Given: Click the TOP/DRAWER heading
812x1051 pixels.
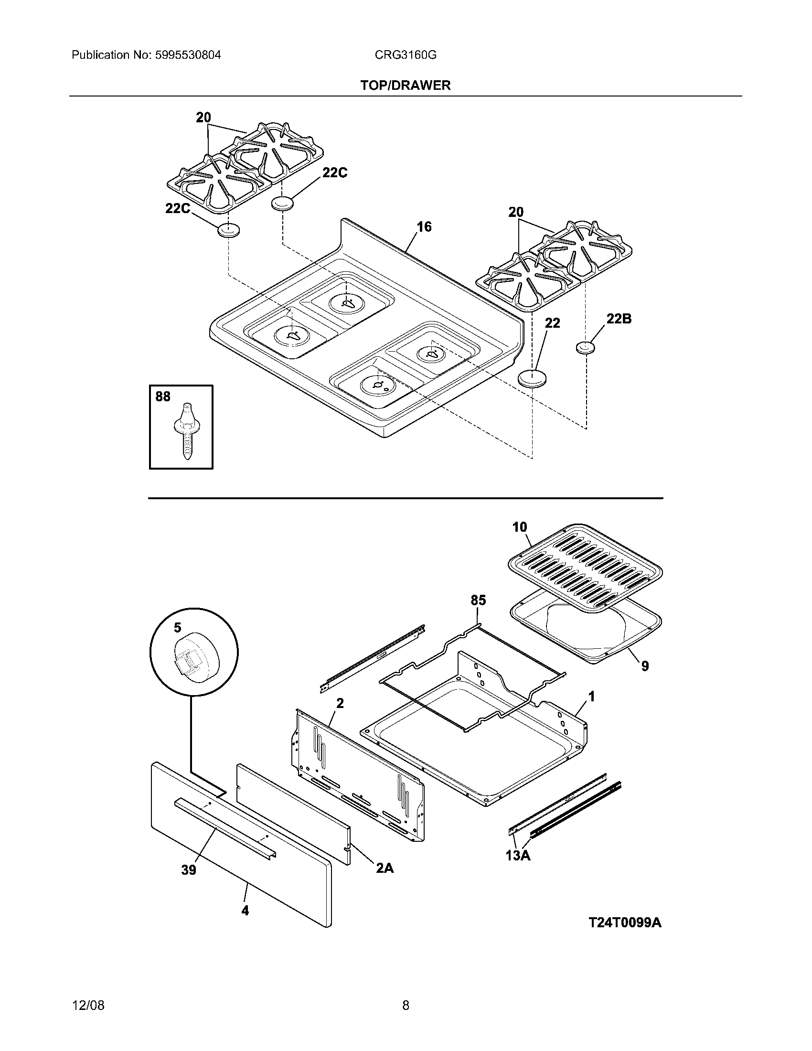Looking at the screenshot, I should click(x=406, y=86).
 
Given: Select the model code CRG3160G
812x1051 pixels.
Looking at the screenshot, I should click(x=406, y=55).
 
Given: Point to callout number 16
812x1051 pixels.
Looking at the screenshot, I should click(x=424, y=226).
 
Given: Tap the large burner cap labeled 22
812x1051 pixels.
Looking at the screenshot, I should click(x=533, y=378).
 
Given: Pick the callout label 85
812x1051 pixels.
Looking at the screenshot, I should click(x=478, y=600).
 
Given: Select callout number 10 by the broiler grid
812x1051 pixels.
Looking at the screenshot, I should click(x=520, y=527).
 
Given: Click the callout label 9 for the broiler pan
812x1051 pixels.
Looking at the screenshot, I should click(x=645, y=666).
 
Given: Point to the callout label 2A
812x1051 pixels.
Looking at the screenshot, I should click(x=385, y=868).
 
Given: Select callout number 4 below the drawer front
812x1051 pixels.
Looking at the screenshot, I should click(x=245, y=911).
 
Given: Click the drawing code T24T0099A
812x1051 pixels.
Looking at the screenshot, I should click(x=625, y=922).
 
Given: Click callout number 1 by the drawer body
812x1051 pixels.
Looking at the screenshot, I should click(x=592, y=697).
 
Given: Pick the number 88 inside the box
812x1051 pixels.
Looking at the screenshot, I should click(x=163, y=397).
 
